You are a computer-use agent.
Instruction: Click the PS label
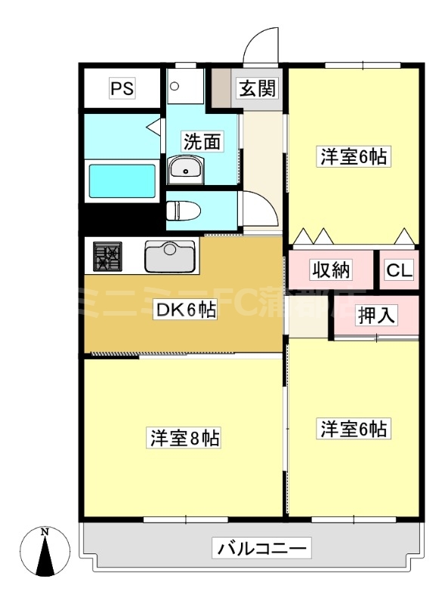(x=122, y=89)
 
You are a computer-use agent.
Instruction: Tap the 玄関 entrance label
(x=258, y=89)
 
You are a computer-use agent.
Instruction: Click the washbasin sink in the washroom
(x=184, y=168)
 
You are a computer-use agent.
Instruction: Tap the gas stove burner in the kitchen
(x=107, y=255)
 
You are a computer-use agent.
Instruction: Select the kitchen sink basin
(x=170, y=257)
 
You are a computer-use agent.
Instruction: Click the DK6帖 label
(x=186, y=310)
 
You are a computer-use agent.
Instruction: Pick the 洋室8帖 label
(x=184, y=438)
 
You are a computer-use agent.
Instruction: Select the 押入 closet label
(x=376, y=315)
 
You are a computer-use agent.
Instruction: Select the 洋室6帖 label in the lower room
(x=354, y=430)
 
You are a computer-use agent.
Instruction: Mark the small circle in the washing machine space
(x=175, y=85)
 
